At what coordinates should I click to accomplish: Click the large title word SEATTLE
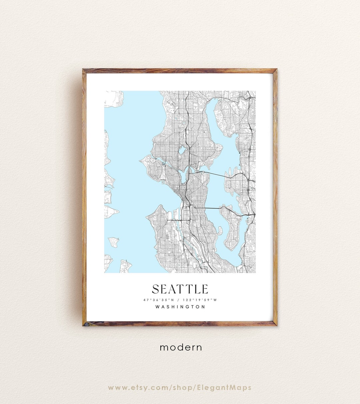pyautogui.click(x=180, y=289)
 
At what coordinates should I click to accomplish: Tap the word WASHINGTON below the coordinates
pyautogui.click(x=180, y=307)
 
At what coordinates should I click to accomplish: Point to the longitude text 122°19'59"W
pyautogui.click(x=200, y=300)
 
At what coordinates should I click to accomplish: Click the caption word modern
pyautogui.click(x=181, y=347)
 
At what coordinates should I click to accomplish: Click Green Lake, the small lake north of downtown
pyautogui.click(x=181, y=151)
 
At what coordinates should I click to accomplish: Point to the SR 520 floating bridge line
pyautogui.click(x=217, y=174)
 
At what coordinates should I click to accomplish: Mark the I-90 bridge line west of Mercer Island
pyautogui.click(x=207, y=208)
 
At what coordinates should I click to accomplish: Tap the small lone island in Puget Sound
pyautogui.click(x=114, y=241)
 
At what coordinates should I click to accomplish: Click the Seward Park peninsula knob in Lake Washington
pyautogui.click(x=220, y=230)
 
